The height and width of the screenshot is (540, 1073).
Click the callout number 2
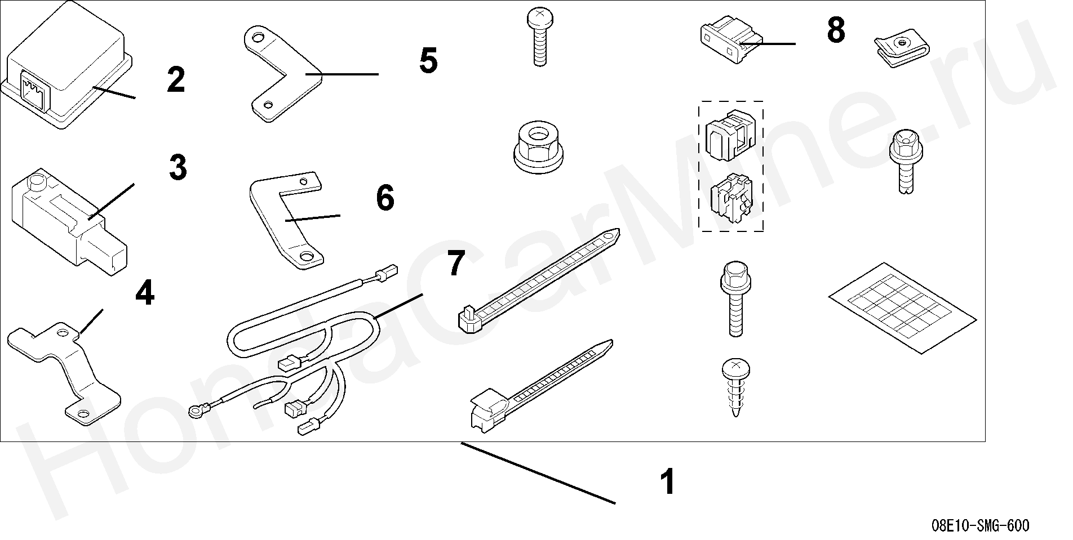[x=176, y=81]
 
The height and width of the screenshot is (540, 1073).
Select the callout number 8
[x=836, y=30]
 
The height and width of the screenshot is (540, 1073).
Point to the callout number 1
[x=668, y=482]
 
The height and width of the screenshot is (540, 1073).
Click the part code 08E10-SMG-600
[x=980, y=526]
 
